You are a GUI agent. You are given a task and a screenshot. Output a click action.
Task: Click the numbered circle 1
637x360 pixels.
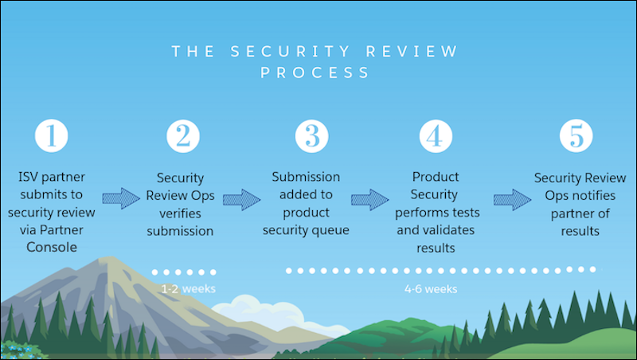(x=52, y=136)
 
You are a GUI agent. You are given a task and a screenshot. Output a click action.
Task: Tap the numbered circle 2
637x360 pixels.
(x=182, y=136)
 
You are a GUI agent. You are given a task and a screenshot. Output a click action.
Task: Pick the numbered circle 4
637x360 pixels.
(x=433, y=136)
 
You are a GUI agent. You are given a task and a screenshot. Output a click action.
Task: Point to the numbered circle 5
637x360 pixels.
(x=576, y=136)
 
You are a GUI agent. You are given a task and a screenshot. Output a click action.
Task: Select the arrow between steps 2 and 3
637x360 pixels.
(x=241, y=198)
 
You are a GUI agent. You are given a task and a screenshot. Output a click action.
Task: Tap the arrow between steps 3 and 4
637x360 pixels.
(x=370, y=198)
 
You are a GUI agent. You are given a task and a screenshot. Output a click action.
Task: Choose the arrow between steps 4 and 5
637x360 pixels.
(x=512, y=198)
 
